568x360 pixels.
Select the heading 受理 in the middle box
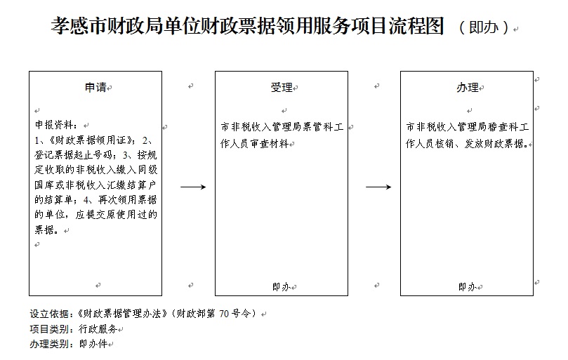click(x=281, y=88)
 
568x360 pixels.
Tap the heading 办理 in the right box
click(x=467, y=88)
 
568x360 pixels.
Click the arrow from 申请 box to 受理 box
click(x=192, y=187)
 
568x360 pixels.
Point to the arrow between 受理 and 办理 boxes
click(x=378, y=187)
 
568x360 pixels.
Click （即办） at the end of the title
click(x=484, y=27)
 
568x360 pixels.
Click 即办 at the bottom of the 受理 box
click(x=280, y=286)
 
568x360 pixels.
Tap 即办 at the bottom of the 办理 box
click(x=466, y=286)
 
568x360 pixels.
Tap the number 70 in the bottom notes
click(x=223, y=313)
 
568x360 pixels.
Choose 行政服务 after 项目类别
click(x=97, y=329)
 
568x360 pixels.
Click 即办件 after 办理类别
click(x=93, y=345)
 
